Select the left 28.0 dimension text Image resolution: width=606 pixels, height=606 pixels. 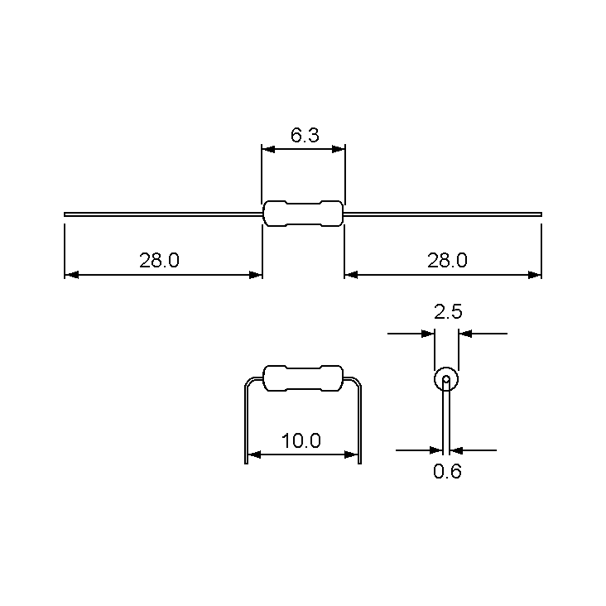coord(159,260)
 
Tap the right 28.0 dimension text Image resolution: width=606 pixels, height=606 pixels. coord(447,260)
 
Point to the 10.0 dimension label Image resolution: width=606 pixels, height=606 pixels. coord(301,441)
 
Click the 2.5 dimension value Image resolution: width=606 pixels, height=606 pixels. coord(448,312)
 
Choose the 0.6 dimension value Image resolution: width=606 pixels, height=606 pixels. coord(447,471)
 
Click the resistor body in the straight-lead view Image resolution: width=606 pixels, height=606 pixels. coord(303,213)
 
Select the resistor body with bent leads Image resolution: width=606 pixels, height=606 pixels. coord(303,378)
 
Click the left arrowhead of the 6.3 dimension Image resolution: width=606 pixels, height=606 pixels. coord(268,149)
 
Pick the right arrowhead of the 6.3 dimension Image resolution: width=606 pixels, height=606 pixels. coord(338,149)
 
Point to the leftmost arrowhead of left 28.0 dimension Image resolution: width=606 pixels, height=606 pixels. coord(71,275)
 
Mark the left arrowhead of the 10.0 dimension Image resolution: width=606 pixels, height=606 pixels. coord(254,454)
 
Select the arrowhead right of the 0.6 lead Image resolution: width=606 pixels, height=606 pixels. coord(456,450)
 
